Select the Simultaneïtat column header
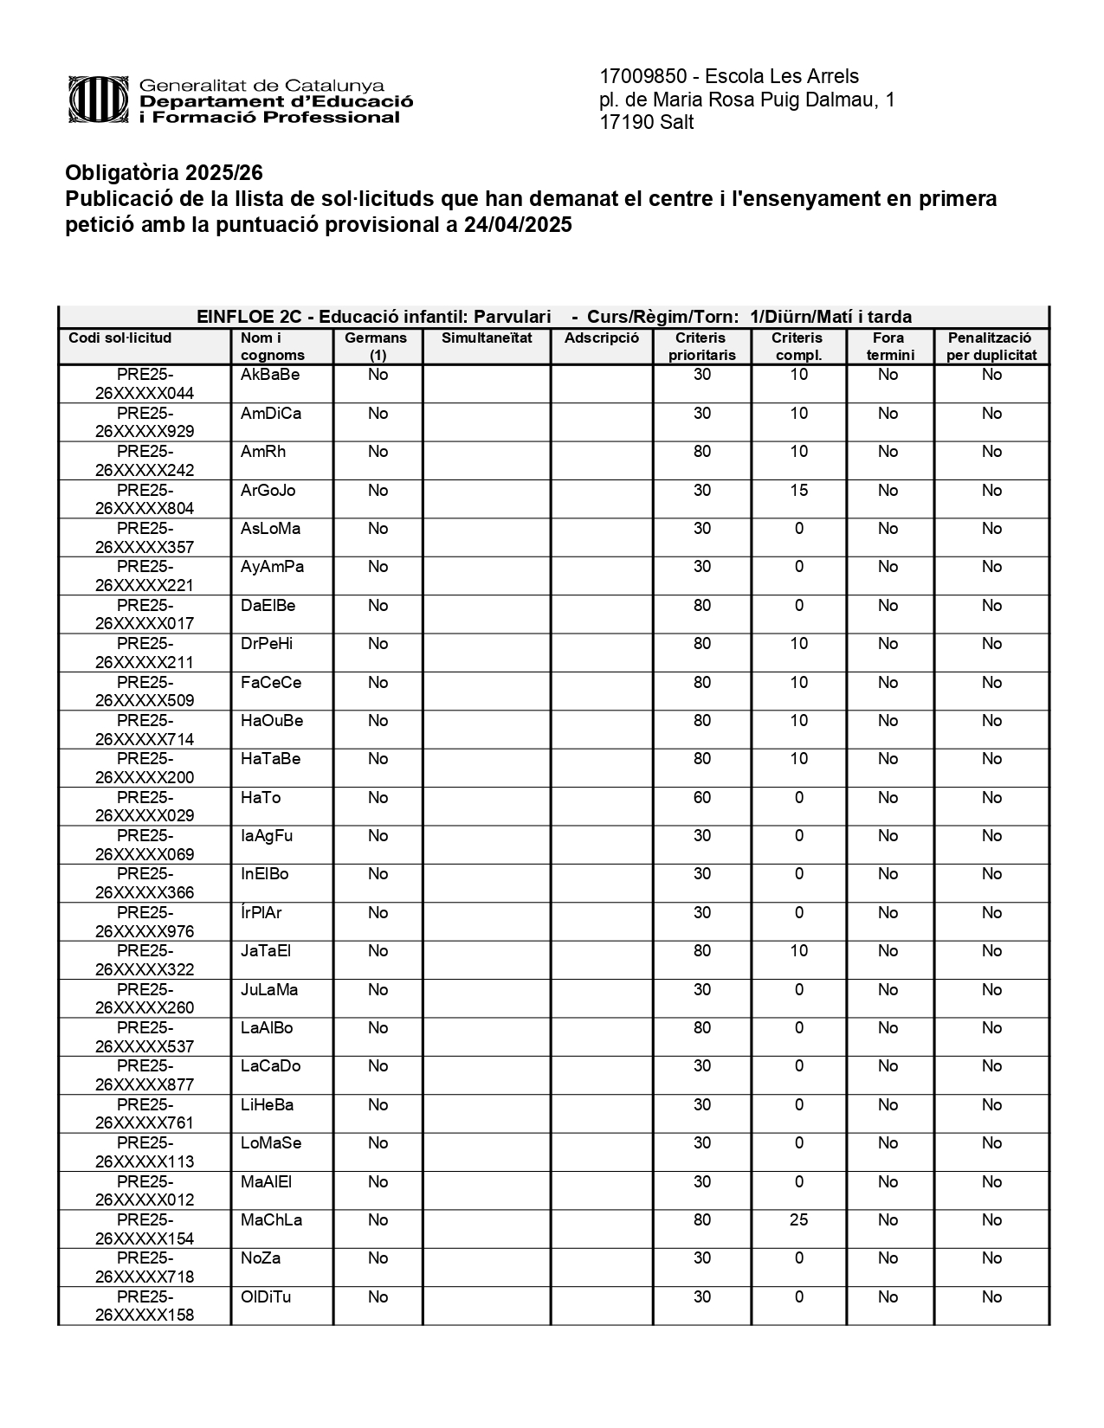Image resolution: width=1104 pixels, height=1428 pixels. pyautogui.click(x=487, y=338)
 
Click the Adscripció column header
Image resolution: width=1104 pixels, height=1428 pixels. pyautogui.click(x=601, y=338)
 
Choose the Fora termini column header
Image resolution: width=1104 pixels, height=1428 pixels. pyautogui.click(x=889, y=346)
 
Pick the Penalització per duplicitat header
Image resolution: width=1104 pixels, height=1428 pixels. pyautogui.click(x=991, y=346)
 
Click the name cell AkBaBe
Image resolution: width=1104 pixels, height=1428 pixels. pyautogui.click(x=270, y=375)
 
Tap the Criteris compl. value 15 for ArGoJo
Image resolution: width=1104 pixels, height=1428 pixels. pyautogui.click(x=798, y=491)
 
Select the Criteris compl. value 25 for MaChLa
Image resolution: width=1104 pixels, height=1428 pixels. pyautogui.click(x=798, y=1220)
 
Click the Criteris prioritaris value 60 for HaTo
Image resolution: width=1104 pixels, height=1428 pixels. pyautogui.click(x=701, y=798)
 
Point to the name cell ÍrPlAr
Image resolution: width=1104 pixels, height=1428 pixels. pyautogui.click(x=261, y=913)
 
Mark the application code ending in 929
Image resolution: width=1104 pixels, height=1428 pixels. pyautogui.click(x=145, y=422)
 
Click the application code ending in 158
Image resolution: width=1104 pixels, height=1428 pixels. pyautogui.click(x=145, y=1306)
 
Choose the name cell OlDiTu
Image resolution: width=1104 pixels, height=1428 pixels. pyautogui.click(x=266, y=1297)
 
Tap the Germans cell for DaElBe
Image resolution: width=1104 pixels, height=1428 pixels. pyautogui.click(x=378, y=606)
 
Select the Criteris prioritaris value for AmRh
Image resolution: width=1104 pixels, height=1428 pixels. pyautogui.click(x=701, y=452)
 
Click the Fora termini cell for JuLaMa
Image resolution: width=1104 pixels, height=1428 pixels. pyautogui.click(x=888, y=990)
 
